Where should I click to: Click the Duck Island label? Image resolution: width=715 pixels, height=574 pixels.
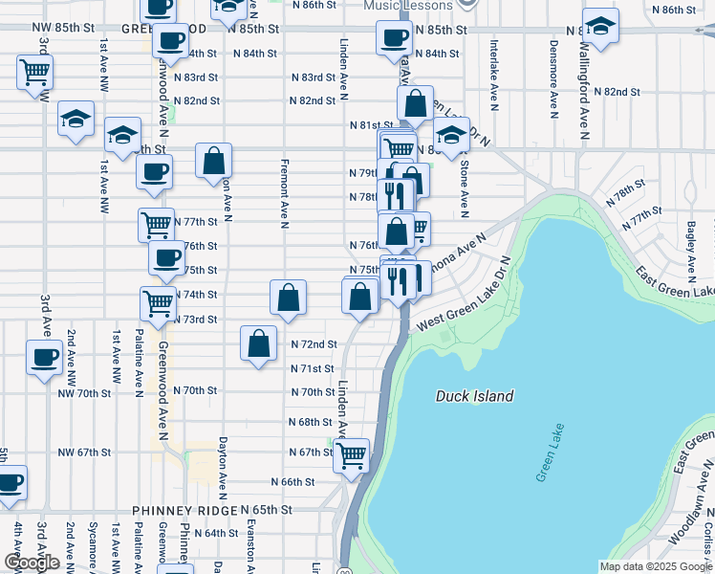click(475, 396)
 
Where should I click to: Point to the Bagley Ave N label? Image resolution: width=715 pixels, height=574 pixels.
click(690, 245)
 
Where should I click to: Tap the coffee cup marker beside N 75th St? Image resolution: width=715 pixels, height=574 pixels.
click(167, 257)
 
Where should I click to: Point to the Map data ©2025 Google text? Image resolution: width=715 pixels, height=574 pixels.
click(655, 566)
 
